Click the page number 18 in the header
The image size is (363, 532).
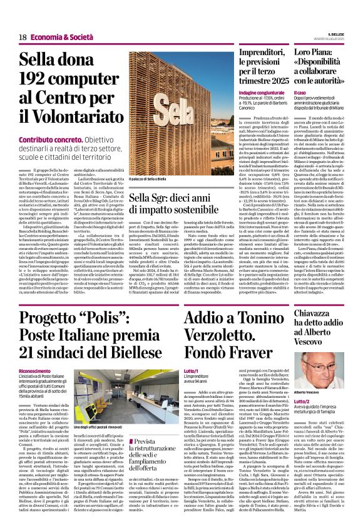[x=22, y=38]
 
